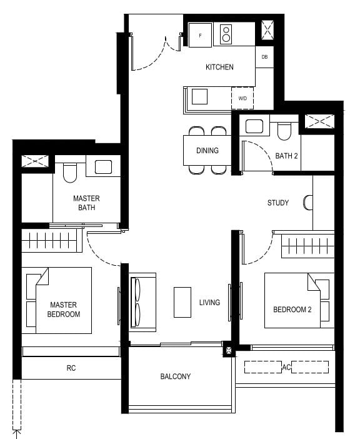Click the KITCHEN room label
click(x=219, y=67)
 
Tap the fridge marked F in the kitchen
click(x=201, y=35)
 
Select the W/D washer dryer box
click(x=242, y=98)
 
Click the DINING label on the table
click(x=207, y=151)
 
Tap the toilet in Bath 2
click(x=284, y=130)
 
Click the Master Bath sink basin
click(x=102, y=166)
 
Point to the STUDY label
click(x=278, y=203)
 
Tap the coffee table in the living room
click(x=182, y=302)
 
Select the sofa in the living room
click(x=142, y=303)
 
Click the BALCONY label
click(x=176, y=376)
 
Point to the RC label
click(x=71, y=368)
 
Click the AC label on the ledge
click(x=286, y=367)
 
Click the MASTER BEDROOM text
click(x=63, y=309)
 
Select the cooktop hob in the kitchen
click(x=226, y=34)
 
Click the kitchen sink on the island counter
click(x=199, y=96)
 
